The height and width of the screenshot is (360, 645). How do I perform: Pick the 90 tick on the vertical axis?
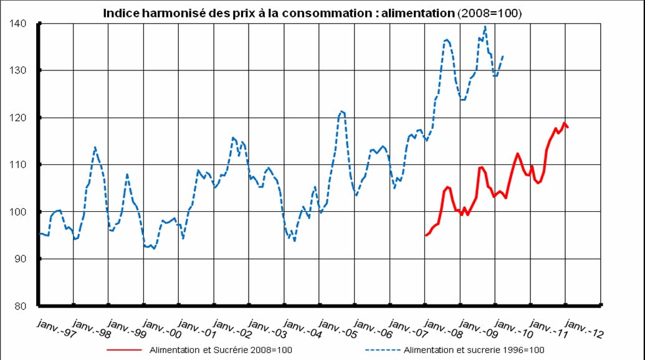pyautogui.click(x=20, y=258)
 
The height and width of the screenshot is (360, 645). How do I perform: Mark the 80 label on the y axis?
pyautogui.click(x=20, y=306)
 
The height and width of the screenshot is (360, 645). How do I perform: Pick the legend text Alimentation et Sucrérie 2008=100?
pyautogui.click(x=221, y=350)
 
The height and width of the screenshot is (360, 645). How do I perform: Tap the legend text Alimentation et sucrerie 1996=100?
pyautogui.click(x=474, y=350)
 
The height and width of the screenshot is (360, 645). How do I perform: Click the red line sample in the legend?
pyautogui.click(x=123, y=350)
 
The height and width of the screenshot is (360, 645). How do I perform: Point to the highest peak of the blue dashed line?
pyautogui.click(x=485, y=27)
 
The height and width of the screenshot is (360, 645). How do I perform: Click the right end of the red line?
pyautogui.click(x=568, y=126)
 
